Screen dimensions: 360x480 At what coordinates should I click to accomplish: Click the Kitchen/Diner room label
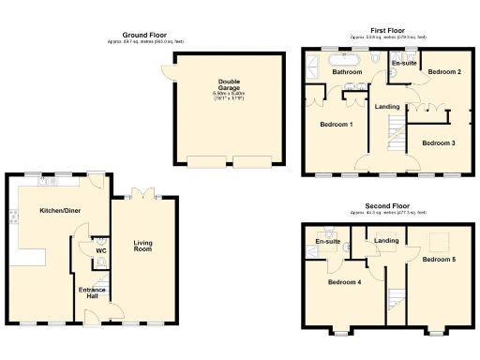point(59,211)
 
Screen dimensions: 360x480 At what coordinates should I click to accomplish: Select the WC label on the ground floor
point(100,250)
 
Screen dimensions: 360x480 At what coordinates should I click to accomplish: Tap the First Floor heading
point(387,30)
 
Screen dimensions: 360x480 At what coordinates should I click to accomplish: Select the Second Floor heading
point(387,204)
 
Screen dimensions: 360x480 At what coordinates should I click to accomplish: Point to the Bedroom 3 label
point(438,142)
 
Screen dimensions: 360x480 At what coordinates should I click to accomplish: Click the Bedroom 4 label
point(344,281)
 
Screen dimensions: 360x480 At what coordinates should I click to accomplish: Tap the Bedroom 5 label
point(439,258)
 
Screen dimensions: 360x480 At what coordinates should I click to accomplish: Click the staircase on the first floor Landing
point(397,137)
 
